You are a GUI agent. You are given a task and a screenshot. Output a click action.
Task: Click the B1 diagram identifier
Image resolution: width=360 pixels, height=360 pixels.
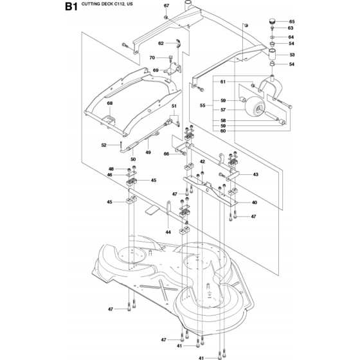point(71,6)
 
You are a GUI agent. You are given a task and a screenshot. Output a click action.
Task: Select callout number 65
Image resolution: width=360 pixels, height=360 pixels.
point(292,22)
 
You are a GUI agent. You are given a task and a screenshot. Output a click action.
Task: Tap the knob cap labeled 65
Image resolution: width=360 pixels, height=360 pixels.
point(273,22)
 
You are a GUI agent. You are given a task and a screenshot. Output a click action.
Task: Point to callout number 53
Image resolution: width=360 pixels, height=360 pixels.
point(292,55)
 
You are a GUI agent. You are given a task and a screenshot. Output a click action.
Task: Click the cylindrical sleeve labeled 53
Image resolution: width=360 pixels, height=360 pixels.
point(273,55)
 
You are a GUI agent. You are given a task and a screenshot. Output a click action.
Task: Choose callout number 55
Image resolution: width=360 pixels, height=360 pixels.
point(203,105)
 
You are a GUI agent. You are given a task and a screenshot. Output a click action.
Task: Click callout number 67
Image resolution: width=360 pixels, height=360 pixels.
point(166,6)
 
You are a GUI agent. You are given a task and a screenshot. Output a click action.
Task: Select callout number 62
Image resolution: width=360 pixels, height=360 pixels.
point(161,43)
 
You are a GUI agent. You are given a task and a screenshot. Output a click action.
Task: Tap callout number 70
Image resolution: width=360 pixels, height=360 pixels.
point(152,58)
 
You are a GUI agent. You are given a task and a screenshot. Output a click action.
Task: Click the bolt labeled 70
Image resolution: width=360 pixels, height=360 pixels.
point(170,59)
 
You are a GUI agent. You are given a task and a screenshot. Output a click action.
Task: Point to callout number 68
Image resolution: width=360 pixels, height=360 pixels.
point(110,104)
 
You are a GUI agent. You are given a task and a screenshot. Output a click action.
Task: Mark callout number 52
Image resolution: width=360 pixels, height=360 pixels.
point(104,145)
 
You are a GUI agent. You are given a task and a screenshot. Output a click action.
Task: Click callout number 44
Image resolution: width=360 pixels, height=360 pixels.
point(168,232)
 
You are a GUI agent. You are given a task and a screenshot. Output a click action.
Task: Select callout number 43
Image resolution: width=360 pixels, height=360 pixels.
point(255,174)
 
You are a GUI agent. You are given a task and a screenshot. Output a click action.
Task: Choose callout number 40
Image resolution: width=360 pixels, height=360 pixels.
point(255,203)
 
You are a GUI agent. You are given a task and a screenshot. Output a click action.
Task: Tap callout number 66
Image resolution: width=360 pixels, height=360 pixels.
point(166,154)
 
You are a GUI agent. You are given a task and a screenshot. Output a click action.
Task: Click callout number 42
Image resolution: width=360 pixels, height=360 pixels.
point(203,161)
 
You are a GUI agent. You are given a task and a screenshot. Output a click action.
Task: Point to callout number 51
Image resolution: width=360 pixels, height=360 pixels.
point(174,106)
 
